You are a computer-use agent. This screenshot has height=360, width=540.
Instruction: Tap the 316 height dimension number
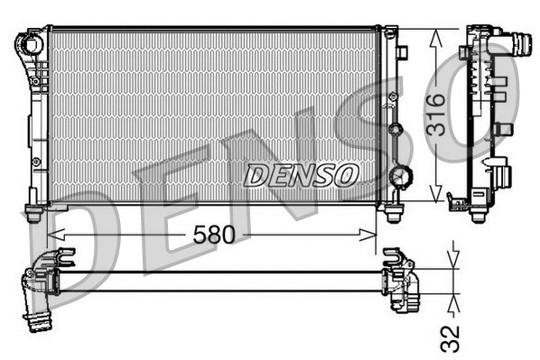coord(435,115)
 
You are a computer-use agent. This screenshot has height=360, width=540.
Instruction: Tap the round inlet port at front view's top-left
coord(33,42)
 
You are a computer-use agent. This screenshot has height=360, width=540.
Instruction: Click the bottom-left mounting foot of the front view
coord(33,214)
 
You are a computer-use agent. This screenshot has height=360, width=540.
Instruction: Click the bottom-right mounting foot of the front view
coord(394,214)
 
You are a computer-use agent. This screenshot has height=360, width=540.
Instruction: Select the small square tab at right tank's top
coord(390,33)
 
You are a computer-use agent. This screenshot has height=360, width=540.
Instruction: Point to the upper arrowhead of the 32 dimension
coord(452,263)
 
